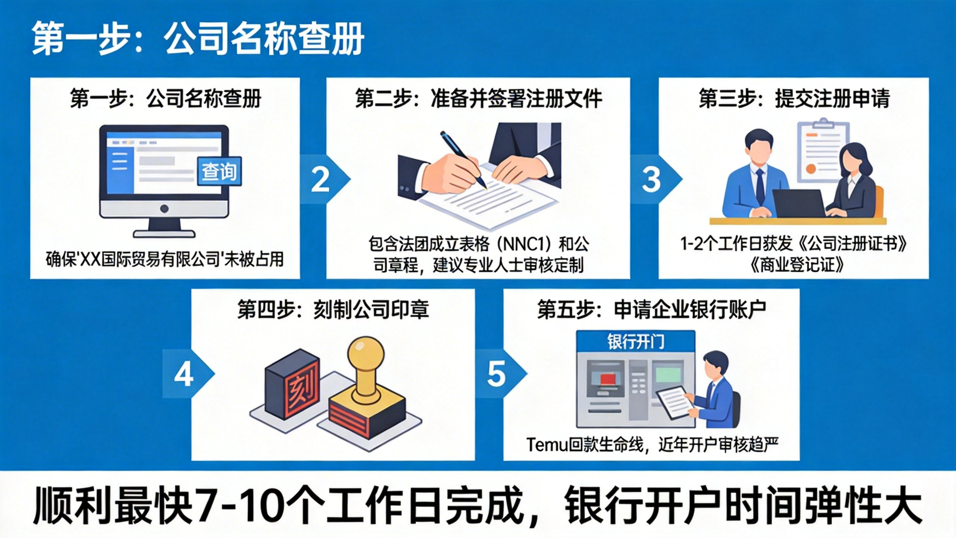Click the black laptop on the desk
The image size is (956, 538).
(x=799, y=204)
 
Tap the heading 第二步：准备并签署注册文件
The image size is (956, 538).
(x=478, y=99)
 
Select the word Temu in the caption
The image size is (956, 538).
(x=547, y=445)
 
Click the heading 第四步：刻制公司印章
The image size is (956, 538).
(x=333, y=310)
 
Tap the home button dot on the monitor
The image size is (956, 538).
(x=164, y=208)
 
